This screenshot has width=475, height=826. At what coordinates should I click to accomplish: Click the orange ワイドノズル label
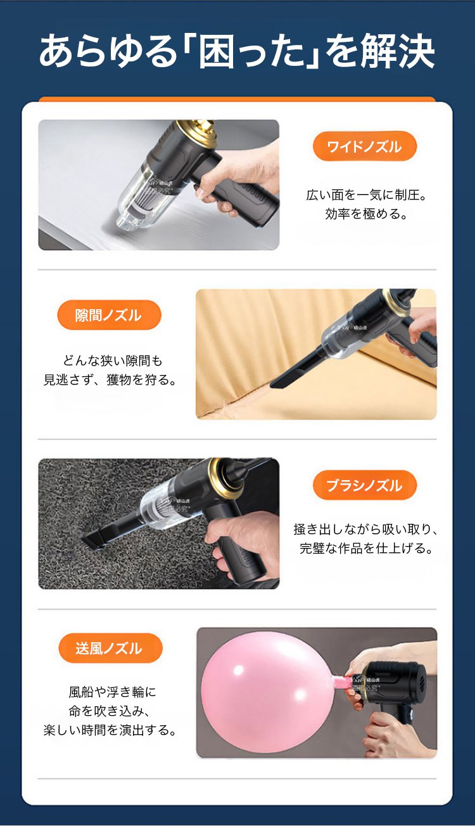365,146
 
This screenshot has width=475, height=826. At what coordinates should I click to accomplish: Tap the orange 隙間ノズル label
109,315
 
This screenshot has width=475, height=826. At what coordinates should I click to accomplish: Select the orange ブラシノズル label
365,485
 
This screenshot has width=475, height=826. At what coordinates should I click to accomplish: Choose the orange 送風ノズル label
110,648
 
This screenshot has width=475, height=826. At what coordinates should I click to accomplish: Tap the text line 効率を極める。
366,214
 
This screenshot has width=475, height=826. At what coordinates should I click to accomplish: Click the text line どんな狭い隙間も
112,360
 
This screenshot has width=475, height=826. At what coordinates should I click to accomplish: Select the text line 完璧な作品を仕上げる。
366,549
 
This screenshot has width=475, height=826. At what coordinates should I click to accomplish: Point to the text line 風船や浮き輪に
112,692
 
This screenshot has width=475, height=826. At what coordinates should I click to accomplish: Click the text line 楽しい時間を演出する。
110,730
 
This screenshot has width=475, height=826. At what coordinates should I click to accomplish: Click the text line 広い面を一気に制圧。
366,195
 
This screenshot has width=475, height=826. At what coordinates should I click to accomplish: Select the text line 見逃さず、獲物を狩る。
110,379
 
